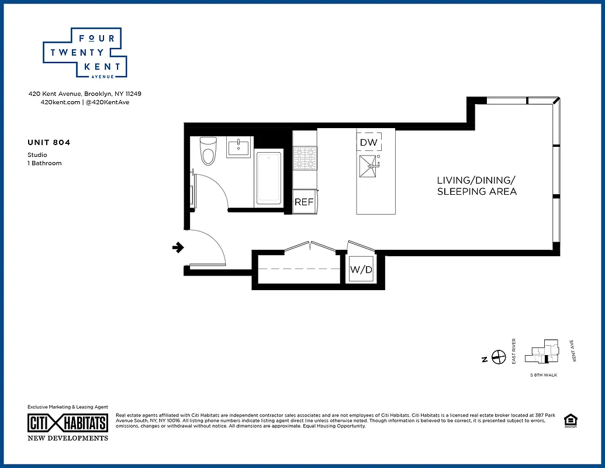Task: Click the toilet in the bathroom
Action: [x=208, y=151]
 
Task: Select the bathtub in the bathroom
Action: [x=269, y=178]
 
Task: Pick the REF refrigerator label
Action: [x=304, y=202]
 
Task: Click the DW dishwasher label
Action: [x=368, y=142]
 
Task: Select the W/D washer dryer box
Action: [x=359, y=270]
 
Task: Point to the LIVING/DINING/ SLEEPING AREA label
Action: [x=477, y=185]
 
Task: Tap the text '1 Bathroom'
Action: [x=44, y=163]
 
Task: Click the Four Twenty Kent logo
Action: [x=85, y=53]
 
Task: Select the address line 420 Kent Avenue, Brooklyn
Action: [x=85, y=94]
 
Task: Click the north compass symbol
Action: [x=499, y=356]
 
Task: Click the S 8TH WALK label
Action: [x=543, y=375]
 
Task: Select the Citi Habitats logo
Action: [x=68, y=424]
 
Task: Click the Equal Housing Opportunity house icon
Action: [x=569, y=421]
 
